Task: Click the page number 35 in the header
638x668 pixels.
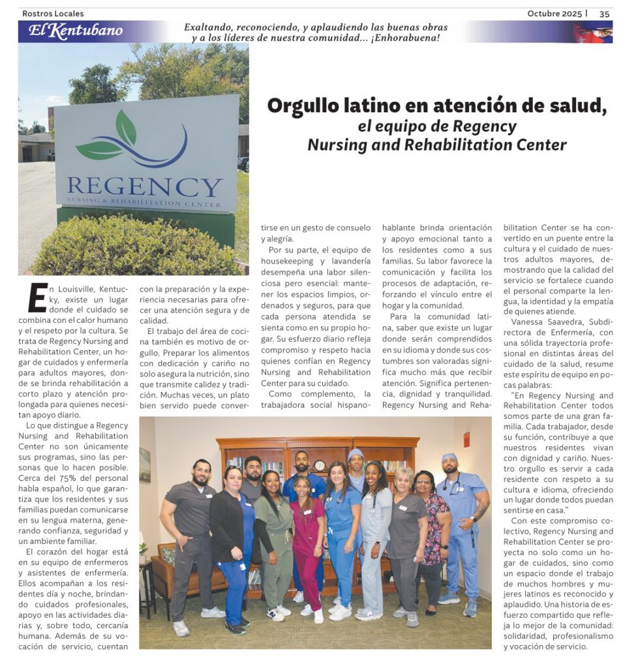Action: coord(604,14)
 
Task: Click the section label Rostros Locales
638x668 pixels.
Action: coord(53,14)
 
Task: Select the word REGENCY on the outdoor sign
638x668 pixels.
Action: coord(144,187)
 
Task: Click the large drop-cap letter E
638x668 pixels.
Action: coord(37,297)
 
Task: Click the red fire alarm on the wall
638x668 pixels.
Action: coord(466,440)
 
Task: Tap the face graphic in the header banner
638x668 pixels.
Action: coord(592,32)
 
